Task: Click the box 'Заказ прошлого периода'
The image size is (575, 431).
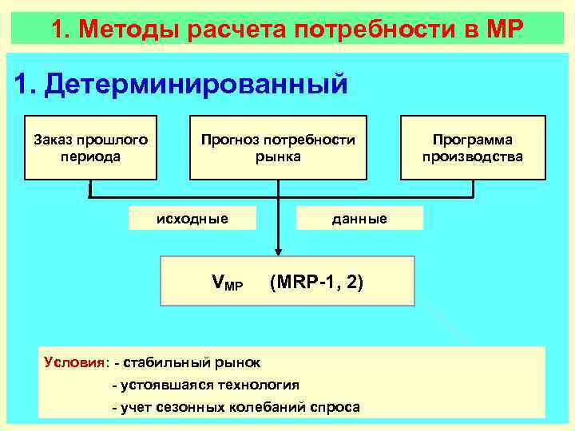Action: coord(90,148)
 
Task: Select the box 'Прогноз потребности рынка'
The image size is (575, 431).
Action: coord(278,148)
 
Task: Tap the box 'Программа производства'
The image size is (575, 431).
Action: coord(473,148)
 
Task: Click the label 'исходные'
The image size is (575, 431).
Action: coord(192,219)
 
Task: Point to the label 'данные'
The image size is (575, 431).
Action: coord(359,219)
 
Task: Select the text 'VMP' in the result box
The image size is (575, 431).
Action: coord(227,282)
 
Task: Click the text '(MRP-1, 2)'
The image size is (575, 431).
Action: coord(317,281)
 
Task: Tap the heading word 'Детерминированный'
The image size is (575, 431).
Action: coord(196,84)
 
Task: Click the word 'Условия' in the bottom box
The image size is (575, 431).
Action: coord(75,362)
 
